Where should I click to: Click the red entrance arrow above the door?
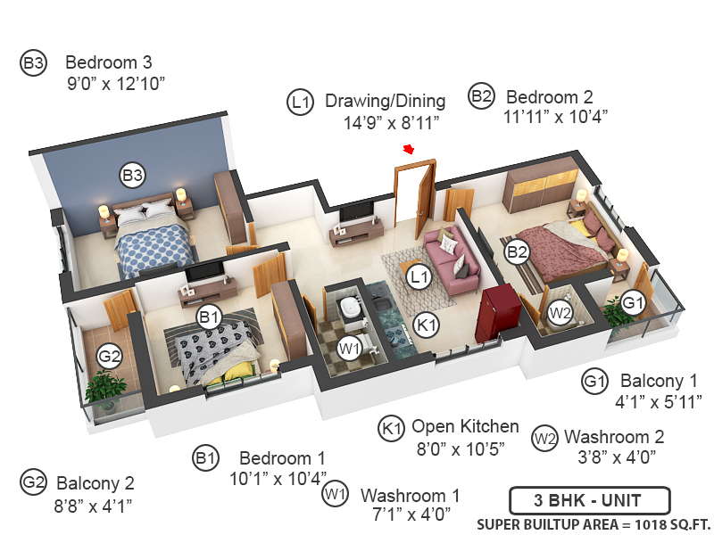point(409,149)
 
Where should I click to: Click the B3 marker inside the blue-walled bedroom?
point(132,175)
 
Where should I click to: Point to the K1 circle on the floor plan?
point(427,325)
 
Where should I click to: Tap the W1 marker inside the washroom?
point(349,348)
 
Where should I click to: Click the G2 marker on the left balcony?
point(109,358)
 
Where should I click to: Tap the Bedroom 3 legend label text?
point(109,62)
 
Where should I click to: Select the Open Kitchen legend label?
point(465,426)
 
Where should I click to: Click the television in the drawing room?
point(357,211)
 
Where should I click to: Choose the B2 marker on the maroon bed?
point(518,251)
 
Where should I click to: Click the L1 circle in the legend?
point(301,103)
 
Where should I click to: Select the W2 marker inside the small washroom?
point(560,313)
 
